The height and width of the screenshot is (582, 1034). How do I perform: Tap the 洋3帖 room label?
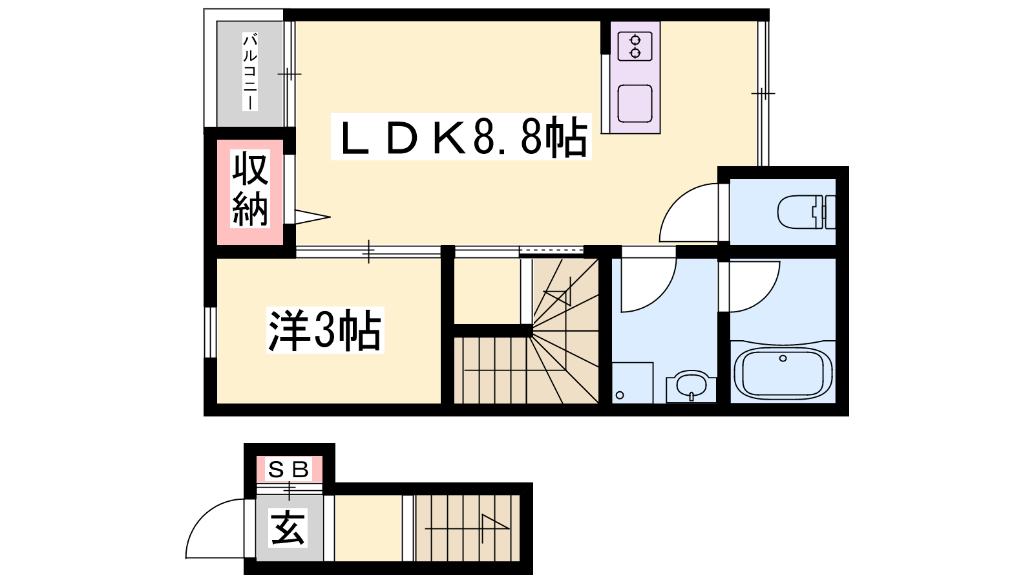point(326,330)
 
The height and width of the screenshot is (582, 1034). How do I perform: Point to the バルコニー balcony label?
point(250,72)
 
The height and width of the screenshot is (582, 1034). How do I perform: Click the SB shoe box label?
point(288,469)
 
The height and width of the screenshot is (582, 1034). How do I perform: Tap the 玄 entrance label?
point(288,528)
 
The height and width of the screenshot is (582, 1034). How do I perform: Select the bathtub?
point(783,372)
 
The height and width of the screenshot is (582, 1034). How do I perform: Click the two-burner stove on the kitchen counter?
point(635,46)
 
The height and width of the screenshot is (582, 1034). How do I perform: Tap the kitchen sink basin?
point(635,103)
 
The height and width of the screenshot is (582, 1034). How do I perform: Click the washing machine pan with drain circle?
point(633,383)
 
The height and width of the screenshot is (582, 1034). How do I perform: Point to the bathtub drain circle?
point(783,358)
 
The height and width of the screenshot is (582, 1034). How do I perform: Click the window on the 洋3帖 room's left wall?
point(210,332)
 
